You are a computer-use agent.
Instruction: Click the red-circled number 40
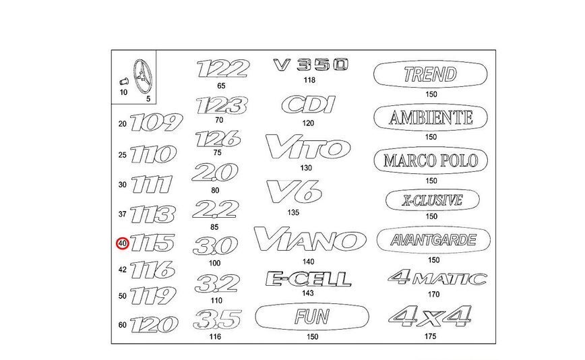point(123,243)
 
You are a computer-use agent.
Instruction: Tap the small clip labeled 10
point(123,81)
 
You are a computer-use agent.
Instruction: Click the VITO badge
point(308,146)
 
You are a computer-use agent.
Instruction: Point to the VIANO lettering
point(310,239)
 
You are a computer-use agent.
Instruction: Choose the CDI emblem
point(309,104)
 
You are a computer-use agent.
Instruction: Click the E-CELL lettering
point(309,278)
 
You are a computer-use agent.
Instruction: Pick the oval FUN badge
point(312,317)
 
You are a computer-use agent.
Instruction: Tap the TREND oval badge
point(430,74)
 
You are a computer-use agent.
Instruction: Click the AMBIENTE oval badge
point(431,118)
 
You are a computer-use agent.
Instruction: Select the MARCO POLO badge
point(431,160)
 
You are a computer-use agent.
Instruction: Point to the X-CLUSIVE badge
point(433,200)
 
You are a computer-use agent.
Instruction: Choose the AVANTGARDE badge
point(433,240)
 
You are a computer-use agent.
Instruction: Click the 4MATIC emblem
point(437,277)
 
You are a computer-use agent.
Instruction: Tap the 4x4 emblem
point(430,316)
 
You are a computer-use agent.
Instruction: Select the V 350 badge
point(311,65)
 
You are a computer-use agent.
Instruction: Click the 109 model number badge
point(156,123)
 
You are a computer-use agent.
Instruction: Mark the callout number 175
point(430,336)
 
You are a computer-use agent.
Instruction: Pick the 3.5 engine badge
point(218,320)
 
